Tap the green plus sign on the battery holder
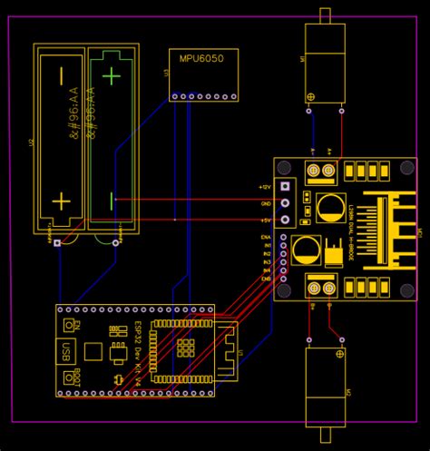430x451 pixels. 112,76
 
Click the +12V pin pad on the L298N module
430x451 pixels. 286,186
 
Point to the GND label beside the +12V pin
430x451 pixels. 266,202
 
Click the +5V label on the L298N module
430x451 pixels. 266,220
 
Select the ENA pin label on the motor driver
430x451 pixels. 267,236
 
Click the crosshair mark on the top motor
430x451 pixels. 311,97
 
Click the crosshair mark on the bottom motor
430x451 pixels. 341,352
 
